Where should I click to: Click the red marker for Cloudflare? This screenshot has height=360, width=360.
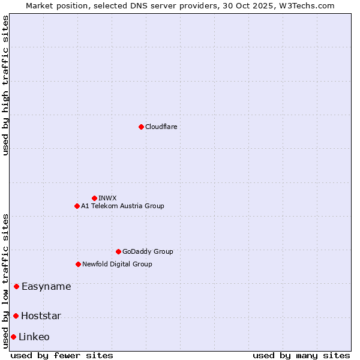point(141,127)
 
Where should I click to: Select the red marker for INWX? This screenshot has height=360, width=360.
point(94,198)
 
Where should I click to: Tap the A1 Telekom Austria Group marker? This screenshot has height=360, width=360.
point(77,206)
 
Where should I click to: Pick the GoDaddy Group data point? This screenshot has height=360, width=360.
point(118,251)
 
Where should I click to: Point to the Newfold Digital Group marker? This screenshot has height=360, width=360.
point(78,264)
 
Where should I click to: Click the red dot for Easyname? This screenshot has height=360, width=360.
point(16,286)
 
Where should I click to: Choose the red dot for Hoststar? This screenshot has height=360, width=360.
point(16,316)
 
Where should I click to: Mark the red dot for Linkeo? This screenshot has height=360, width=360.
point(13,337)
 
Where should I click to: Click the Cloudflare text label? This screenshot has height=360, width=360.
point(161,127)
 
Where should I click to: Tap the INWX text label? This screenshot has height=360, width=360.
point(107,198)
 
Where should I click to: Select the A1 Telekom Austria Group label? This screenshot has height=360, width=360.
point(122,206)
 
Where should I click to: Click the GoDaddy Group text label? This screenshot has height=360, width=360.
point(148,251)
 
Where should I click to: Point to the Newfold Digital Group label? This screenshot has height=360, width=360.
point(117,264)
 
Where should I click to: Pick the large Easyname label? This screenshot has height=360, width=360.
point(46,286)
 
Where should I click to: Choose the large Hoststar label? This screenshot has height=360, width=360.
point(41,316)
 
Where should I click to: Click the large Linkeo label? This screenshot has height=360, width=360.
point(34,337)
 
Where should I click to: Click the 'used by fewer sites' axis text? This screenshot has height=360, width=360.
point(62,355)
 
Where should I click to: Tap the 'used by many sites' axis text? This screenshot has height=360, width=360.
point(301,355)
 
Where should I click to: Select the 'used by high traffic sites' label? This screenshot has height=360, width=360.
point(5,85)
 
